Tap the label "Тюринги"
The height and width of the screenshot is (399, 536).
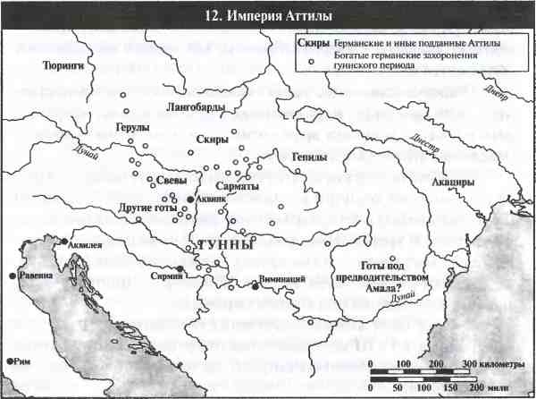[63, 65]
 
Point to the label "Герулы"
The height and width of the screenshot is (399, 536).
[131, 127]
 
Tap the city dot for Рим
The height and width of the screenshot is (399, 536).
[9, 361]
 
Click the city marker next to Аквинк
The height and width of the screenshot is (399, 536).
[189, 199]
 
